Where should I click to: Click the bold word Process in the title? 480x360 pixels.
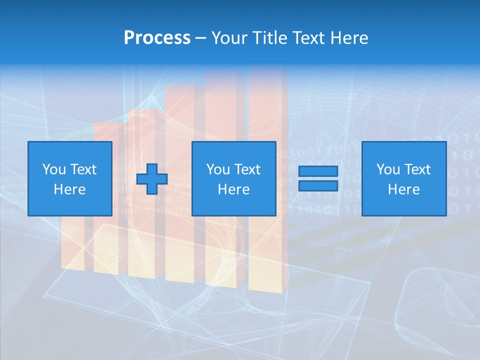pos(157,38)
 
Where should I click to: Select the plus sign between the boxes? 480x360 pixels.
pos(152,179)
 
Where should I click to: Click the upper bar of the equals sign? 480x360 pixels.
pos(318,171)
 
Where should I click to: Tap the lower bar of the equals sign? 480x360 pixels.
pos(318,185)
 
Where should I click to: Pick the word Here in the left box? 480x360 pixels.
pos(69,189)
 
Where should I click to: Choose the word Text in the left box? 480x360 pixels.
pos(82,169)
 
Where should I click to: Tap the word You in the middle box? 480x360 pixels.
pos(218,169)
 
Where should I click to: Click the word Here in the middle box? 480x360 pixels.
pos(233,189)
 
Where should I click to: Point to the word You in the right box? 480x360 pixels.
pos(388,169)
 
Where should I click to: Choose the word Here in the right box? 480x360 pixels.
pos(403,189)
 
